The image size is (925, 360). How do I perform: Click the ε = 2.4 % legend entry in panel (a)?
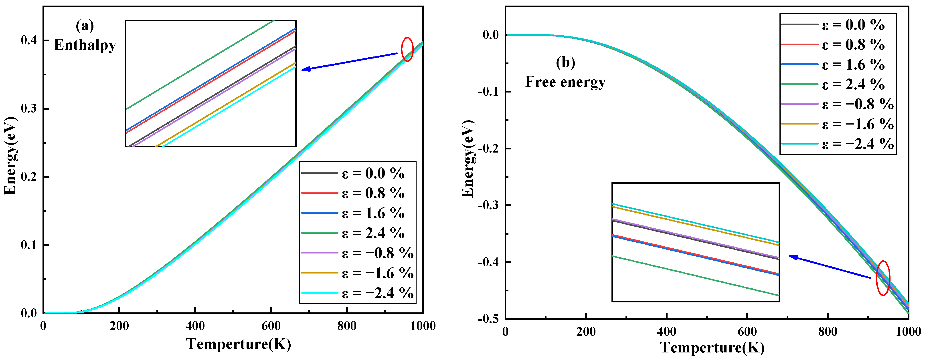coord(357,233)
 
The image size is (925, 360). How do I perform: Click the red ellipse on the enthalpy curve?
coord(407,49)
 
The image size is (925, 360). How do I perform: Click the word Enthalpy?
coord(85,45)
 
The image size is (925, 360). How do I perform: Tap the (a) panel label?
coord(85,26)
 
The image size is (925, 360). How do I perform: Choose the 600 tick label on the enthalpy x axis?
coord(271,326)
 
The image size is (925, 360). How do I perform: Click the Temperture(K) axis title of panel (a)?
coord(239,344)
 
